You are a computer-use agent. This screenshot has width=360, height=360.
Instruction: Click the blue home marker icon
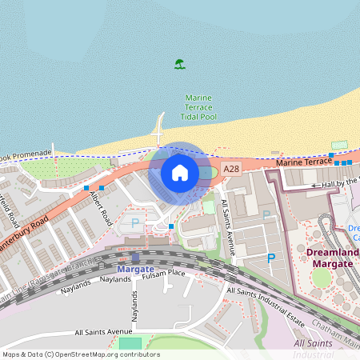180,172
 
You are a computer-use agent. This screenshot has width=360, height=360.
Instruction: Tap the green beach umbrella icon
180,64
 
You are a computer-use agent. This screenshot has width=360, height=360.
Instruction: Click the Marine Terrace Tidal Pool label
198,107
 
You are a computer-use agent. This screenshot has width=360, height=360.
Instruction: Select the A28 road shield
231,169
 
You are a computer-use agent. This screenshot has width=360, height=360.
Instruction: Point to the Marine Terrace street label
304,162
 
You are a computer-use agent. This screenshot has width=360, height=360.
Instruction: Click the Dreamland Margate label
331,258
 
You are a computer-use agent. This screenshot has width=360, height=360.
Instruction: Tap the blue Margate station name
135,269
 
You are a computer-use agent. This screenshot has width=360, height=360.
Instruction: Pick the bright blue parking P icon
271,258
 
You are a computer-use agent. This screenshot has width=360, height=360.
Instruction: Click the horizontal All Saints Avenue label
103,330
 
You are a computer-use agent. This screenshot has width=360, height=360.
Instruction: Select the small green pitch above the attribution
130,343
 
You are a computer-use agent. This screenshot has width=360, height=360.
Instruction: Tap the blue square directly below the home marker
171,227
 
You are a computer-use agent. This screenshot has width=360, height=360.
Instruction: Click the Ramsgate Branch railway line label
48,271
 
